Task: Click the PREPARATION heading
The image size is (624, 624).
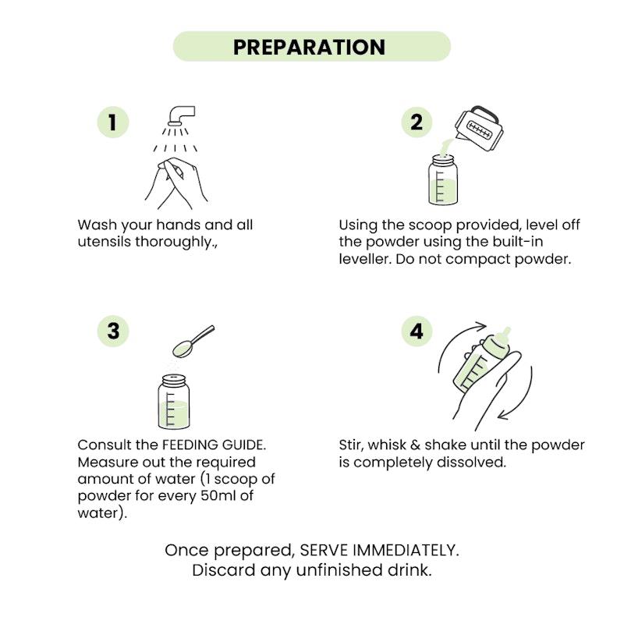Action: [x=309, y=47]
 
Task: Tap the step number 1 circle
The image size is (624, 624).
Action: [x=113, y=122]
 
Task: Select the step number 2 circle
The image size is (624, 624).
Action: [x=417, y=122]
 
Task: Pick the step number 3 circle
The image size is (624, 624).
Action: [x=113, y=331]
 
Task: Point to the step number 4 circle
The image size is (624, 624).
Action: [x=417, y=331]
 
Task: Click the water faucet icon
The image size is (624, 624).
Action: [x=181, y=115]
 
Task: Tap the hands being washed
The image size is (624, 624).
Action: [x=176, y=183]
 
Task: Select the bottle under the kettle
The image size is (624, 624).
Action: [x=442, y=180]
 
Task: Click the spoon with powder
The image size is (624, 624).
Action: [x=193, y=341]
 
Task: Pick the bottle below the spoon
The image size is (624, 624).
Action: [x=173, y=402]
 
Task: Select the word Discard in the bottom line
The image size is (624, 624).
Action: [x=224, y=570]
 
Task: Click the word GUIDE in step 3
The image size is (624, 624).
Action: [x=244, y=445]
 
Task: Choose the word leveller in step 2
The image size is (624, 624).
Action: [x=365, y=259]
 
